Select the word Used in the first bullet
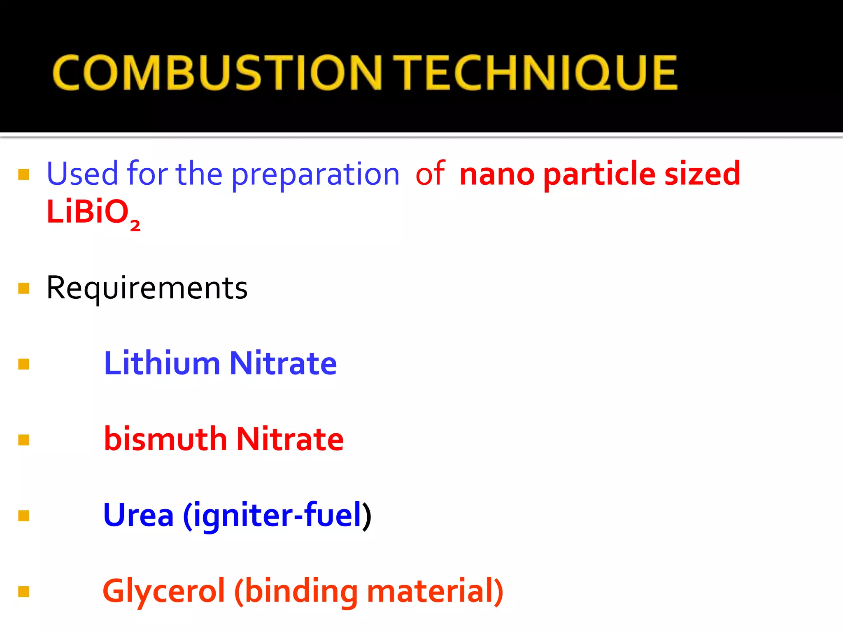click(x=83, y=174)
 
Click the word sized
click(x=702, y=174)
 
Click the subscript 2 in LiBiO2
click(x=135, y=225)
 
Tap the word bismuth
click(x=165, y=439)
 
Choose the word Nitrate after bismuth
click(x=290, y=439)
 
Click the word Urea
click(x=138, y=515)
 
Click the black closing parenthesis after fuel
click(x=367, y=516)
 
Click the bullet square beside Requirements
click(x=24, y=288)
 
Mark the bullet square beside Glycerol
click(x=24, y=592)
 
